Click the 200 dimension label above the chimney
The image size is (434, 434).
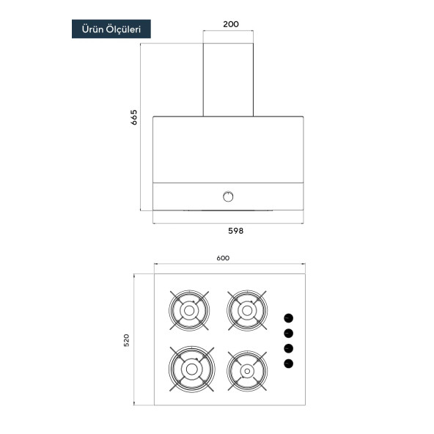(x=231, y=24)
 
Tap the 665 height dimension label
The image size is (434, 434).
(x=133, y=117)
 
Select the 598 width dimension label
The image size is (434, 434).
(x=235, y=231)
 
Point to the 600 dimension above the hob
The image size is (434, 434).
(x=223, y=258)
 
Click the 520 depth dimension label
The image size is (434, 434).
(x=126, y=340)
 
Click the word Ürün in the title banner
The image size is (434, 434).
(x=92, y=29)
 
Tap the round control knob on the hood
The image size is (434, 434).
(x=228, y=196)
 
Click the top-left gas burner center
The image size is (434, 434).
(x=189, y=311)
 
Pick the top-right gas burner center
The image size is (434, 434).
(x=247, y=311)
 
